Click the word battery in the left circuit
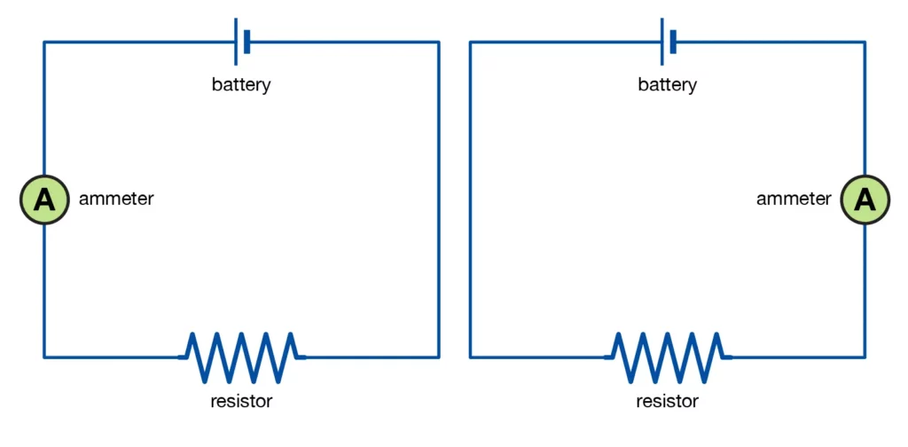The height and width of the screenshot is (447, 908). tap(241, 86)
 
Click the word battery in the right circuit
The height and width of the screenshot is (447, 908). tap(667, 86)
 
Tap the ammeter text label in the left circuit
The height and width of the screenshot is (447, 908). tap(116, 200)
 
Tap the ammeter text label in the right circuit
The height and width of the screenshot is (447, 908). tap(794, 200)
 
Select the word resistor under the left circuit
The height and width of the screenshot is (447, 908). tap(241, 402)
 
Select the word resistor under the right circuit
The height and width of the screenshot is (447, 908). tap(667, 402)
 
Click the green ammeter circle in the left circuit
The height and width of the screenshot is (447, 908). tap(44, 200)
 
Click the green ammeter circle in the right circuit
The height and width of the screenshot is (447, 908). tap(865, 200)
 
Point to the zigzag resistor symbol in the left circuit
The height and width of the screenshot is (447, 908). tap(241, 357)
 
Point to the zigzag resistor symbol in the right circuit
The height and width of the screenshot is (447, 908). tap(667, 357)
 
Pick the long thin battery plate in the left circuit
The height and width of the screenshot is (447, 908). tap(236, 42)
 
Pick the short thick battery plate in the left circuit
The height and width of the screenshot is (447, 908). tap(247, 42)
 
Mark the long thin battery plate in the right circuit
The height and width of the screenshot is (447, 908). tap(661, 42)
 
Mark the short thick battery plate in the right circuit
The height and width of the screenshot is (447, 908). tap(673, 42)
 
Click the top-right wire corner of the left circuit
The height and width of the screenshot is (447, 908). tap(438, 42)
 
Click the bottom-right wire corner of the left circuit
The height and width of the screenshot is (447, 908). tap(438, 357)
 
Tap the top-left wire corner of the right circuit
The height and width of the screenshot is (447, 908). tap(471, 42)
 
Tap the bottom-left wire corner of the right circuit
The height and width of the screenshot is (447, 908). tap(471, 357)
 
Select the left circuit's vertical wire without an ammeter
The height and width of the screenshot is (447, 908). tap(438, 200)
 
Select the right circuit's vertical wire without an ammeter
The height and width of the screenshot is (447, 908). tap(471, 200)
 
